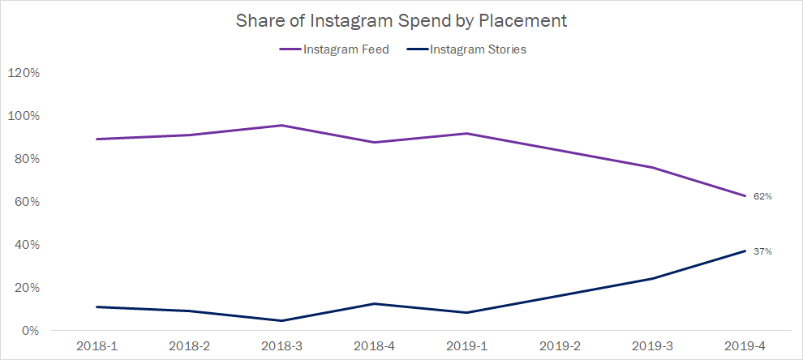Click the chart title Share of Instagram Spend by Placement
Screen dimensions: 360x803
coord(401,21)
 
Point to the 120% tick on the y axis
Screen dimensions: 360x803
coord(24,73)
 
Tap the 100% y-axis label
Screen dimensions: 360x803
coord(24,116)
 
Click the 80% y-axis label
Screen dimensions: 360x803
coord(26,159)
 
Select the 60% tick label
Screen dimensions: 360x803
coord(26,202)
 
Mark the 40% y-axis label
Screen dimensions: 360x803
coord(26,245)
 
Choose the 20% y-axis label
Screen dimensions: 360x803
coord(26,288)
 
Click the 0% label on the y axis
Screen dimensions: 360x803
coord(29,331)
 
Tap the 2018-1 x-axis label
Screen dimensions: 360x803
coord(96,346)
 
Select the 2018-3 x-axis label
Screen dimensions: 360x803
coord(281,346)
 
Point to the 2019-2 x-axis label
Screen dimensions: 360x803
coord(559,346)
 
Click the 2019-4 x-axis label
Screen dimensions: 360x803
coord(744,346)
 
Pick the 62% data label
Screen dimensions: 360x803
coord(762,196)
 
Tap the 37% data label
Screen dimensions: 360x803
coord(762,251)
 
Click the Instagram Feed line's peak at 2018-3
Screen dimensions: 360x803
coord(281,125)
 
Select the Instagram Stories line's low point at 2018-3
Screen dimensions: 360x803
coord(281,320)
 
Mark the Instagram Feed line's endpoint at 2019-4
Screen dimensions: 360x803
coord(745,195)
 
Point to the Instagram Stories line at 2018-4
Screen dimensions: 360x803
coord(374,303)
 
